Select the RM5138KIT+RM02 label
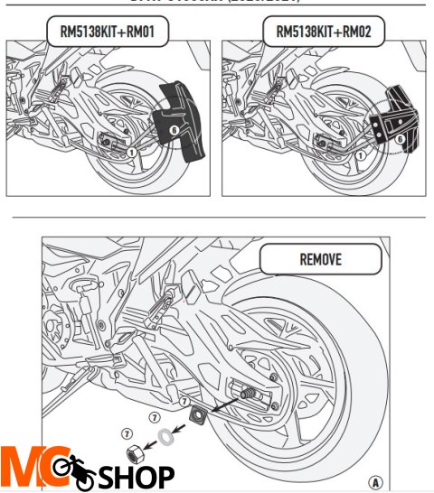[324, 33]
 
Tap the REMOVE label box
[320, 259]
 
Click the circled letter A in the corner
[375, 481]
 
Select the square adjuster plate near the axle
[196, 417]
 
